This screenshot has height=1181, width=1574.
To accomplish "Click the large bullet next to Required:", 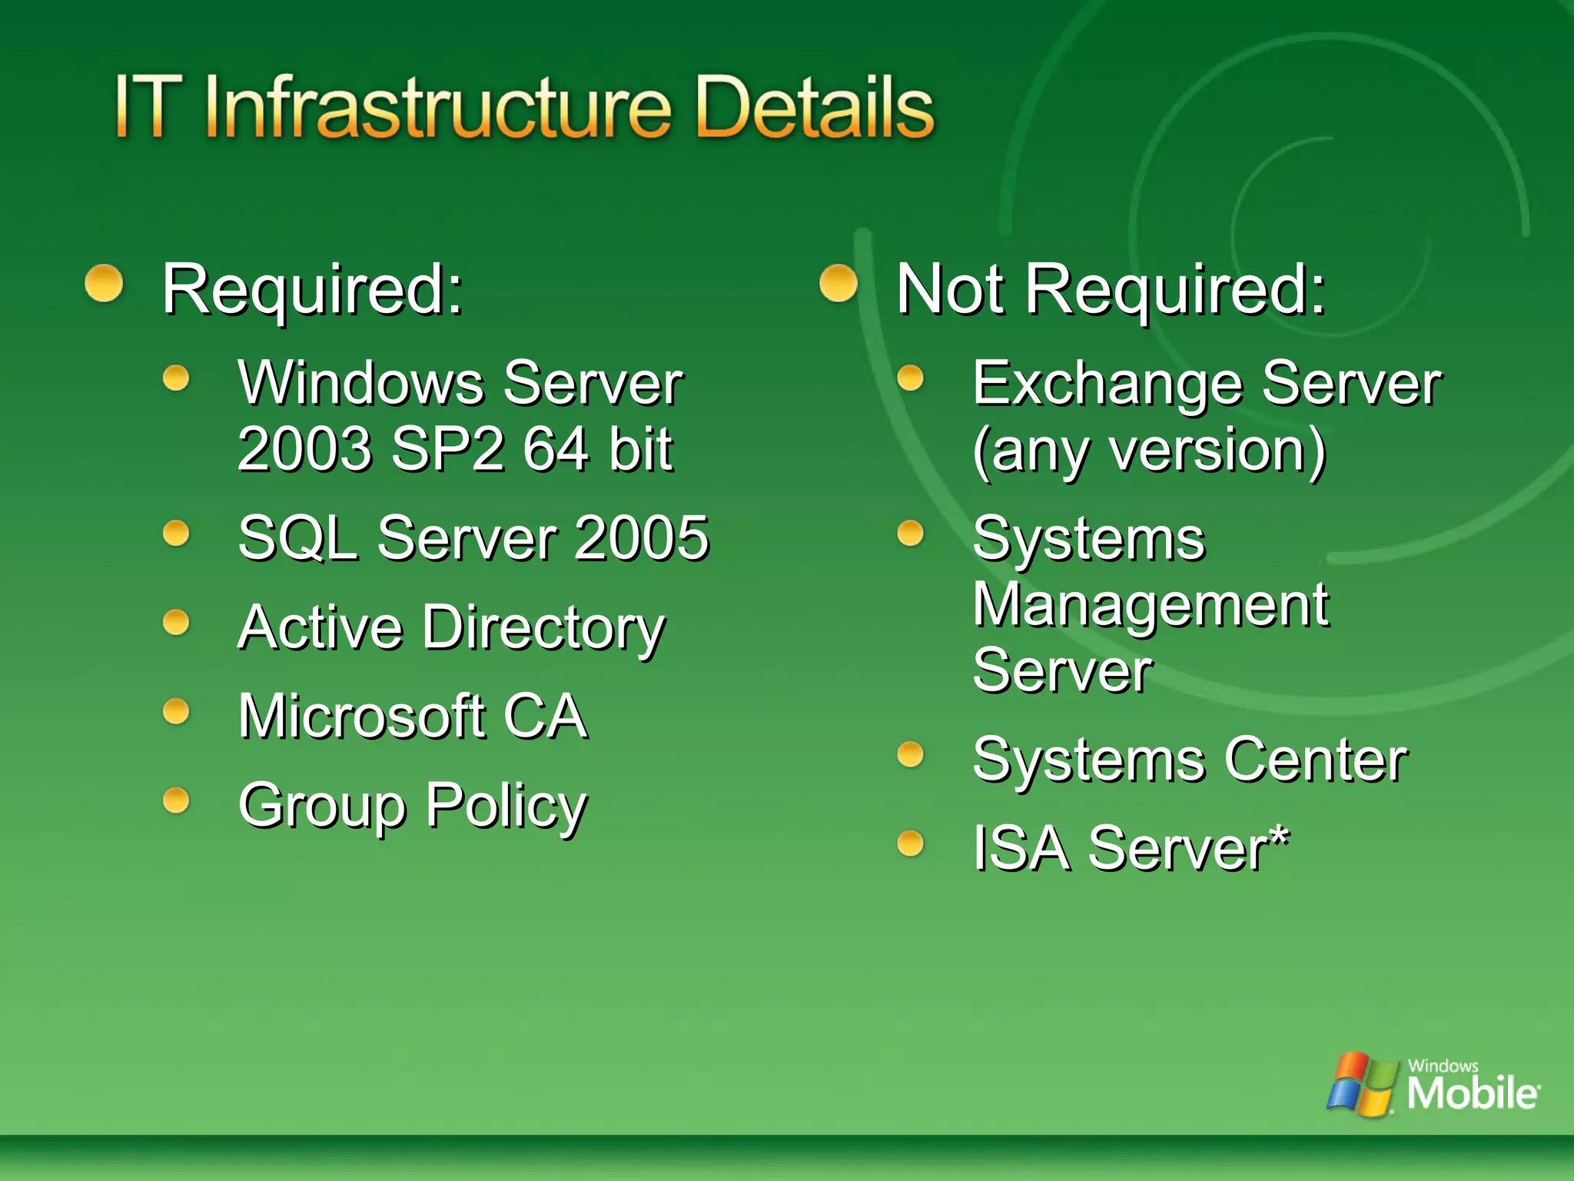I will tap(104, 284).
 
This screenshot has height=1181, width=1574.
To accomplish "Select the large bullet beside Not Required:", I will tap(838, 284).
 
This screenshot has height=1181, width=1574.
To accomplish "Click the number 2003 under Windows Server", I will tap(306, 449).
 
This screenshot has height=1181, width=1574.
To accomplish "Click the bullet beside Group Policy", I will tap(176, 800).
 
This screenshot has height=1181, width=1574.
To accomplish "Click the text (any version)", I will tap(1149, 451).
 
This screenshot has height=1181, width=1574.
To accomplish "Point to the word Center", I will tap(1316, 760).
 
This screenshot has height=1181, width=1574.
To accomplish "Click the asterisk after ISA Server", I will tap(1278, 835).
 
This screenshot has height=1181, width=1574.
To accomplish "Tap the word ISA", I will tap(1021, 848).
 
